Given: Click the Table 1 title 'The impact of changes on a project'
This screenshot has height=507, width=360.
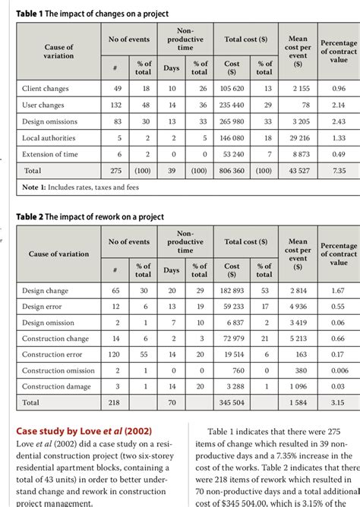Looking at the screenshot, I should point(96,14).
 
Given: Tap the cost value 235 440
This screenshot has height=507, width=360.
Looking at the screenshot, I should point(232,105).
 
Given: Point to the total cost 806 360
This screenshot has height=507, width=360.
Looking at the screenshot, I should point(232,172).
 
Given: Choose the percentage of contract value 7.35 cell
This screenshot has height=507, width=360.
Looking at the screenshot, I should point(338,172).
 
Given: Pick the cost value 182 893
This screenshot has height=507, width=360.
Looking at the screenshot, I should point(232,290).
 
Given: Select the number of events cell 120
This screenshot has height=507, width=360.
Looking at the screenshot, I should point(115,354).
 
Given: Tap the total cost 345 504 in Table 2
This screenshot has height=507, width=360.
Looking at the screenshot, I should point(232,402).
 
